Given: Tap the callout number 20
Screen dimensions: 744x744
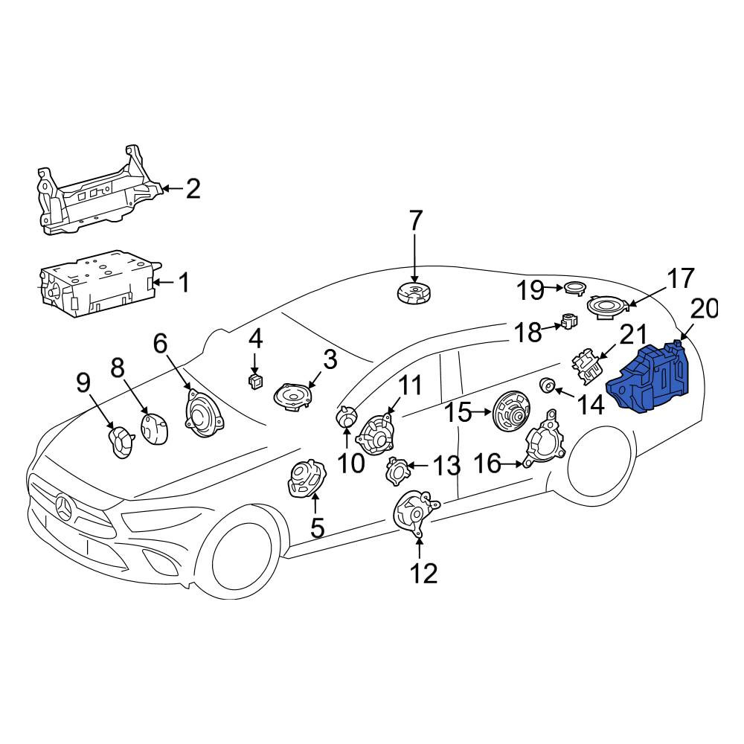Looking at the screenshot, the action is pyautogui.click(x=704, y=309).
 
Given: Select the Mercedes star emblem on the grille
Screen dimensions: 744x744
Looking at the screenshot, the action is pyautogui.click(x=63, y=510).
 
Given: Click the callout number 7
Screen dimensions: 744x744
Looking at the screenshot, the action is pyautogui.click(x=415, y=220).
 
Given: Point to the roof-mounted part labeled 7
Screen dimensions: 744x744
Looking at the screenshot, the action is pyautogui.click(x=414, y=292).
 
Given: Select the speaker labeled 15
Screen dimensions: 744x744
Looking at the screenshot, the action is pyautogui.click(x=512, y=412).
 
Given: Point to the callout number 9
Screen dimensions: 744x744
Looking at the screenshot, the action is pyautogui.click(x=83, y=382).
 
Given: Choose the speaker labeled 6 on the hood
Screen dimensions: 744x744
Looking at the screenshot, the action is pyautogui.click(x=202, y=412).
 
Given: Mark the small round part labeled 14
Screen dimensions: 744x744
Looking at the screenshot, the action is pyautogui.click(x=548, y=385).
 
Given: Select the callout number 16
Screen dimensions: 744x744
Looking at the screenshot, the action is pyautogui.click(x=487, y=463).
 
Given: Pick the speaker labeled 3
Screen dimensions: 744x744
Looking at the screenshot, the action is pyautogui.click(x=294, y=396).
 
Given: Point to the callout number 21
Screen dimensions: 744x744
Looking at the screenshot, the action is pyautogui.click(x=633, y=335).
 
